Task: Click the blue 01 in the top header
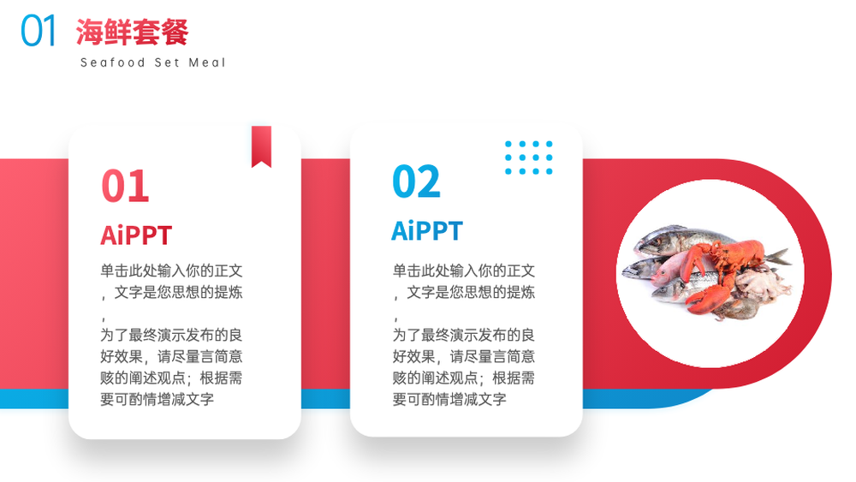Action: tap(39, 31)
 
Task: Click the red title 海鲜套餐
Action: tap(132, 32)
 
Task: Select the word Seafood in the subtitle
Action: tap(112, 62)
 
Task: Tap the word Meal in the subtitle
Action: tap(207, 62)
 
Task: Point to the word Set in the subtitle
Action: tap(167, 62)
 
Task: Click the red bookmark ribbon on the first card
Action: tap(261, 146)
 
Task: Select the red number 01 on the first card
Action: tap(125, 186)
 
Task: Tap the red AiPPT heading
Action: tap(136, 235)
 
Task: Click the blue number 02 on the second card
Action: tap(416, 181)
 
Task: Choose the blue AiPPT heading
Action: tap(427, 231)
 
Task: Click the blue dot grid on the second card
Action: tap(528, 158)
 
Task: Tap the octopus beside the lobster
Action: tap(762, 285)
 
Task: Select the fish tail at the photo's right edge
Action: tap(778, 256)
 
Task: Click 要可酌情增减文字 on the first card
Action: tap(158, 400)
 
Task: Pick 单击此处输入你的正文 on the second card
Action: tap(463, 271)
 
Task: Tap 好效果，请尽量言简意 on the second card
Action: tap(463, 356)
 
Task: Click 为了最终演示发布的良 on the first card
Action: tap(171, 335)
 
